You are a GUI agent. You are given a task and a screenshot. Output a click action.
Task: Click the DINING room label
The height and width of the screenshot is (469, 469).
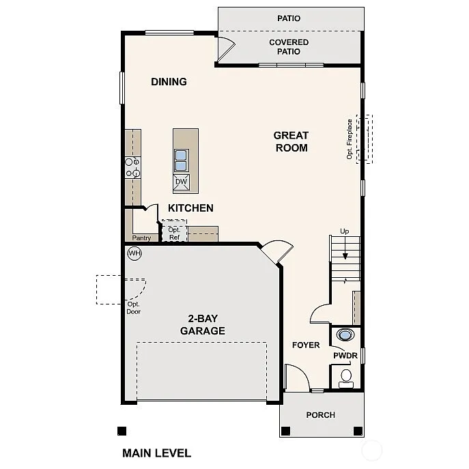click(x=169, y=82)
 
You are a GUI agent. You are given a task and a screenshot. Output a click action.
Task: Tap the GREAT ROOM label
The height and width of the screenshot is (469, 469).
click(x=291, y=141)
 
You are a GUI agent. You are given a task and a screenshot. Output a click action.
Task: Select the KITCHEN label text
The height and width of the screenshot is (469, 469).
click(x=190, y=208)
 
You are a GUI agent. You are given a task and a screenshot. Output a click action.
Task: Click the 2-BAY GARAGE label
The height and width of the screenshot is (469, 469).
click(x=202, y=325)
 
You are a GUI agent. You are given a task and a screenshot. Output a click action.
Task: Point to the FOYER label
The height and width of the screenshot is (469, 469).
click(x=306, y=345)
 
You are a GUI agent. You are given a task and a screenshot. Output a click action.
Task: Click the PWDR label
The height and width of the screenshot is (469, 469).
click(x=345, y=356)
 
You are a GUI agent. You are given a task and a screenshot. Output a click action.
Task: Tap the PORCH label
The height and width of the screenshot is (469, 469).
click(x=320, y=415)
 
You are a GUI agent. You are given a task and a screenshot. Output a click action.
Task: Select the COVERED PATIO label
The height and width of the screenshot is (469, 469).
click(x=289, y=47)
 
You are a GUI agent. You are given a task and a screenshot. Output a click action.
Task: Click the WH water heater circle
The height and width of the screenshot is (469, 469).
click(x=134, y=253)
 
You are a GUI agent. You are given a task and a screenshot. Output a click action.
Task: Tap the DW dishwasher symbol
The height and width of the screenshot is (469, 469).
click(x=181, y=182)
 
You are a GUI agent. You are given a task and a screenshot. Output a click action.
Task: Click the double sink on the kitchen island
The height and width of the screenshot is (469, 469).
click(x=181, y=160)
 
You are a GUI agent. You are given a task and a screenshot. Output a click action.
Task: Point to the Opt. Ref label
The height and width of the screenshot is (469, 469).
click(x=174, y=233)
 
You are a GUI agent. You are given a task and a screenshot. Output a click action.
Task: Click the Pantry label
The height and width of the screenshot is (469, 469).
click(x=141, y=238)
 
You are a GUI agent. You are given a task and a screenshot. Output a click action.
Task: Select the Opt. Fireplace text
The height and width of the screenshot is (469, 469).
click(x=350, y=139)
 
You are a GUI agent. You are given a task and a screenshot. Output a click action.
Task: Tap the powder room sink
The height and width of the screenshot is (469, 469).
click(x=346, y=335)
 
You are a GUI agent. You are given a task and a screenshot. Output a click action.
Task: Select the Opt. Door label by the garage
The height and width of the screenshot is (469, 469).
click(x=133, y=308)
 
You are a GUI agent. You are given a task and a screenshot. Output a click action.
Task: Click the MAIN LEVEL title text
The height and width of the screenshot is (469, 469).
click(x=156, y=453)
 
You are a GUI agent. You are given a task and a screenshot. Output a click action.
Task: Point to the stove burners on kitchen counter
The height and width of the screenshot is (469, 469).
click(x=131, y=168)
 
